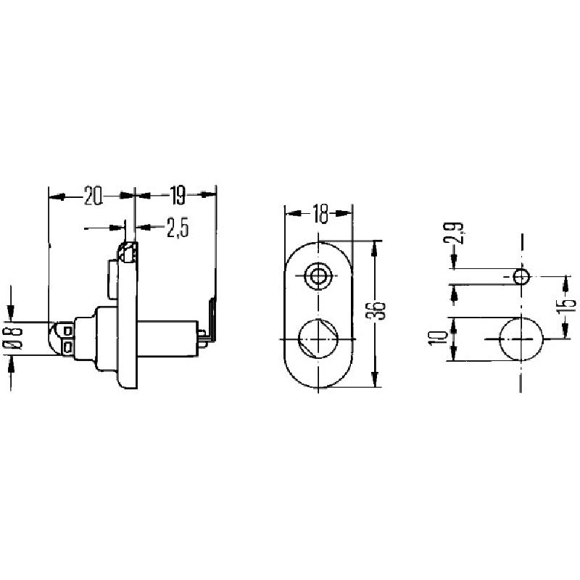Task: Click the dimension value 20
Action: coord(94,196)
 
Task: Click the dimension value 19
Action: coord(178,196)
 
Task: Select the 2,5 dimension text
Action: coord(178,228)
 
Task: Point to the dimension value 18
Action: coord(320,214)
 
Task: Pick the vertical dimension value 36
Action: coord(378,311)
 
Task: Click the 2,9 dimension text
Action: coord(453,233)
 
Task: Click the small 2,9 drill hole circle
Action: coord(521,277)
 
